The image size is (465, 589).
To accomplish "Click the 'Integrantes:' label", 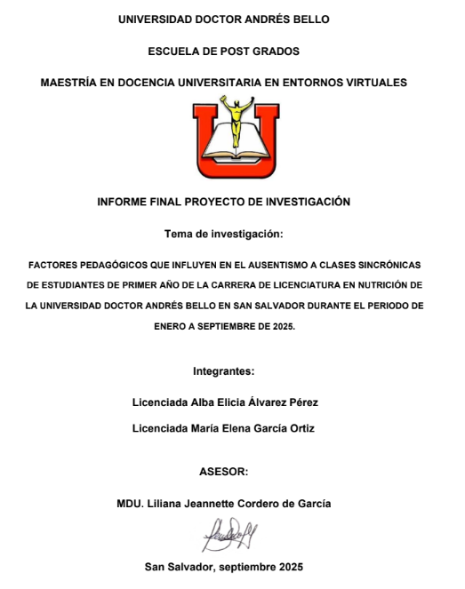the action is (x=223, y=370).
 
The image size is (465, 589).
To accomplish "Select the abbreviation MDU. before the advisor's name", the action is (x=128, y=503).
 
